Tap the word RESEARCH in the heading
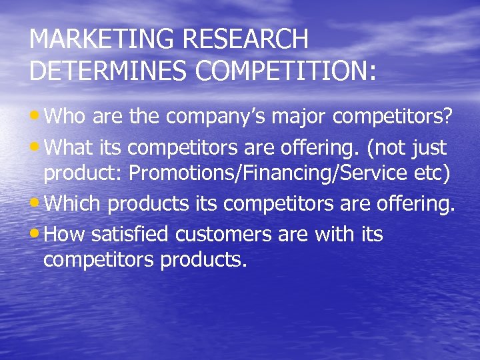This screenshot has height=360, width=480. click(x=245, y=40)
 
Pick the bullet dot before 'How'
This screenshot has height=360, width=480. click(x=35, y=233)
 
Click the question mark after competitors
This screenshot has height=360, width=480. click(x=448, y=118)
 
